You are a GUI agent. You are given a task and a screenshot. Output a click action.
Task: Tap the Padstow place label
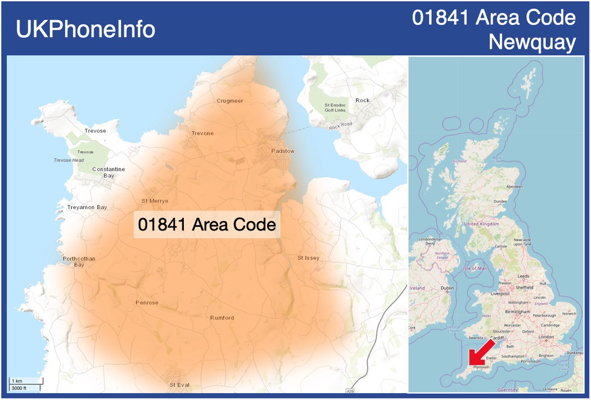283,151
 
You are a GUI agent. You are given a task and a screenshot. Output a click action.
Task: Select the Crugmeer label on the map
230,101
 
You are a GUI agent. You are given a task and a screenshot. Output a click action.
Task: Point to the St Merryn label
155,201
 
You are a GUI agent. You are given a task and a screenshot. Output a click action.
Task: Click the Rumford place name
222,318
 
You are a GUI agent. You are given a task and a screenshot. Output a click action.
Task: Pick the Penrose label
147,303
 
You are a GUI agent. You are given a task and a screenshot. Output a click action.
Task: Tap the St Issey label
308,258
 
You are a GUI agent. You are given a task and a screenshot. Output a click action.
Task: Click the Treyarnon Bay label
87,207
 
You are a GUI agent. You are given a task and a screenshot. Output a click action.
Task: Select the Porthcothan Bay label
79,261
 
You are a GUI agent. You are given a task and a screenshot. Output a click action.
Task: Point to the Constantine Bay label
109,172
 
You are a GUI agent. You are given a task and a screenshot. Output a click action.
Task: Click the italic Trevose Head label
69,160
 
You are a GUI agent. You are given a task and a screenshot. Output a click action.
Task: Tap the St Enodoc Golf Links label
336,107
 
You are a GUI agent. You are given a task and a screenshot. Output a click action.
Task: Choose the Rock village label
363,100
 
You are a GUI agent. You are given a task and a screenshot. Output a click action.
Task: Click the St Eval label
179,385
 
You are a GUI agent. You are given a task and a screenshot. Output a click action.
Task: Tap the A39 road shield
350,390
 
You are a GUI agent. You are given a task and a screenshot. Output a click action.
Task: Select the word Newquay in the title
532,42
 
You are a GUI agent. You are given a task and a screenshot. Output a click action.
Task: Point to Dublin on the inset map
448,288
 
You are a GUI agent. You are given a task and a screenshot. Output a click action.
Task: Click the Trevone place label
202,134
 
